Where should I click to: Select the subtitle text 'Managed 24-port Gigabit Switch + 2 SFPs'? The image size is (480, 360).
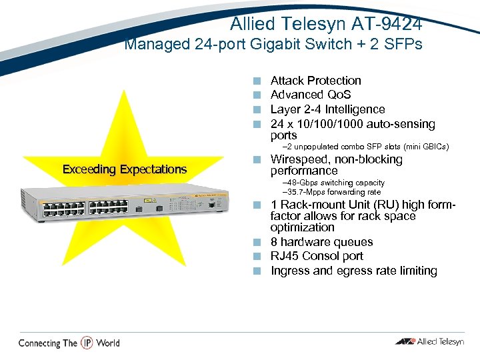pyautogui.click(x=273, y=45)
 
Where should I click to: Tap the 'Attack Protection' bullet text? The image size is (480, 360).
pyautogui.click(x=315, y=81)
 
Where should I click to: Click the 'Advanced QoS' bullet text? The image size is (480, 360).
pyautogui.click(x=310, y=95)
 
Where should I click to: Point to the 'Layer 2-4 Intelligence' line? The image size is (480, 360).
pyautogui.click(x=327, y=109)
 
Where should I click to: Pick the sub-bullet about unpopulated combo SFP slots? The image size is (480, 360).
pyautogui.click(x=366, y=147)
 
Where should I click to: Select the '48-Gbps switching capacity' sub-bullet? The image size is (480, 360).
pyautogui.click(x=333, y=183)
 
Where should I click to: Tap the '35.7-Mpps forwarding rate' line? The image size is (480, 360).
pyautogui.click(x=332, y=192)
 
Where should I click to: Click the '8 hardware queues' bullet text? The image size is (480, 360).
pyautogui.click(x=321, y=242)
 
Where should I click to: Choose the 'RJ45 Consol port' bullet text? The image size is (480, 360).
pyautogui.click(x=317, y=256)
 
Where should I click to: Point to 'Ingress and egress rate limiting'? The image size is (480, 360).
pyautogui.click(x=353, y=271)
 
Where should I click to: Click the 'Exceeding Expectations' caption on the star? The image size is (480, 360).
pyautogui.click(x=125, y=169)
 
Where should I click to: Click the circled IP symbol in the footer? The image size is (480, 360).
pyautogui.click(x=87, y=343)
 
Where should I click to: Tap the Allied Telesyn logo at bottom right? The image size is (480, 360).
pyautogui.click(x=429, y=342)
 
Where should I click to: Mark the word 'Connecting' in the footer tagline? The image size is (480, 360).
pyautogui.click(x=39, y=343)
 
